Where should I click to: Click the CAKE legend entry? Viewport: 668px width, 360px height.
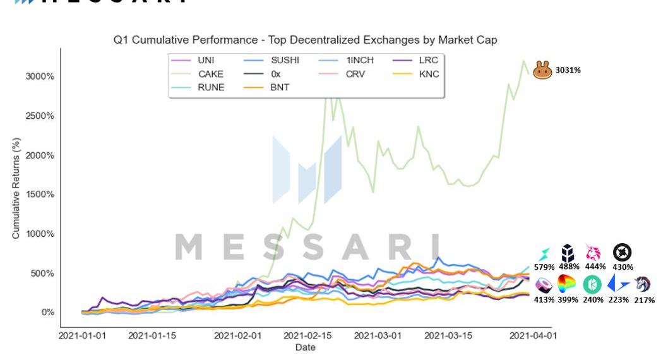click(x=210, y=74)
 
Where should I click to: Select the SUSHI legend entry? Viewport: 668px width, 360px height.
click(x=285, y=61)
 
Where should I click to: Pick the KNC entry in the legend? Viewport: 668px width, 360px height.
click(x=429, y=74)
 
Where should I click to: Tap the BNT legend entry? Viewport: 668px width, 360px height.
click(x=280, y=87)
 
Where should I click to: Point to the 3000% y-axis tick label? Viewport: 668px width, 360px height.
click(x=39, y=76)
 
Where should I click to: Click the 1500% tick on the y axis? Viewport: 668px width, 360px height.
click(x=39, y=195)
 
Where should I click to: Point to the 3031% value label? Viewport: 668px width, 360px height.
click(x=568, y=70)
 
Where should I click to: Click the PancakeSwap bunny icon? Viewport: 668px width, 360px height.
click(x=542, y=70)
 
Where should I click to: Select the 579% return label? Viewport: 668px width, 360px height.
click(x=544, y=267)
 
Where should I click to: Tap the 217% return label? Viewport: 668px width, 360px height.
click(x=645, y=299)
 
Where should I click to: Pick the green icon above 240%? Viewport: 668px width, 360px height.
click(x=592, y=284)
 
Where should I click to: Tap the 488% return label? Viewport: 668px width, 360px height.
click(x=569, y=267)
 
